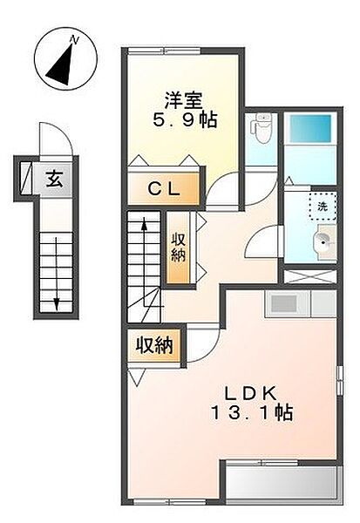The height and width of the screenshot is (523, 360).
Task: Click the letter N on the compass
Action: pos(74,41)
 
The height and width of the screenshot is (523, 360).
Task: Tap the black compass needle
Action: pos(62,65)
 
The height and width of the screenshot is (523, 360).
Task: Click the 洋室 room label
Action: pos(183,100)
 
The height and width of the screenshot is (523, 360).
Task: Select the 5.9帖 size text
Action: pos(185,119)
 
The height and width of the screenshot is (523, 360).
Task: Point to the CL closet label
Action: pos(164,189)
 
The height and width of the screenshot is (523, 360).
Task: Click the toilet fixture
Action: pos(262,129)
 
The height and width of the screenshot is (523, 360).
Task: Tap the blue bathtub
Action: pos(310,129)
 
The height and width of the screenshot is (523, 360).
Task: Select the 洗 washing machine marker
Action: pos(323,206)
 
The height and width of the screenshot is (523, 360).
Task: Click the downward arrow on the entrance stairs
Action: pos(57,274)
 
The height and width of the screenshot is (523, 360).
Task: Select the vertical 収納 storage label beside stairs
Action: pos(178,248)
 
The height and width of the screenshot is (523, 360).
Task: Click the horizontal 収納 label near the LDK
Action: pos(154,345)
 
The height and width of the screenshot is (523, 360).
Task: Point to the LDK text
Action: pos(250,394)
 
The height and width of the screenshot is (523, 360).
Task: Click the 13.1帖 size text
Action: pos(252,413)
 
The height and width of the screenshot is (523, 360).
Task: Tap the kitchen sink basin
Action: pos(284,303)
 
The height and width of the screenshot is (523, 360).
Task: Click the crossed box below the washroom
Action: pos(310,276)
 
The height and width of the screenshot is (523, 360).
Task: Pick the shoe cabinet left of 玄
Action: pos(25,178)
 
